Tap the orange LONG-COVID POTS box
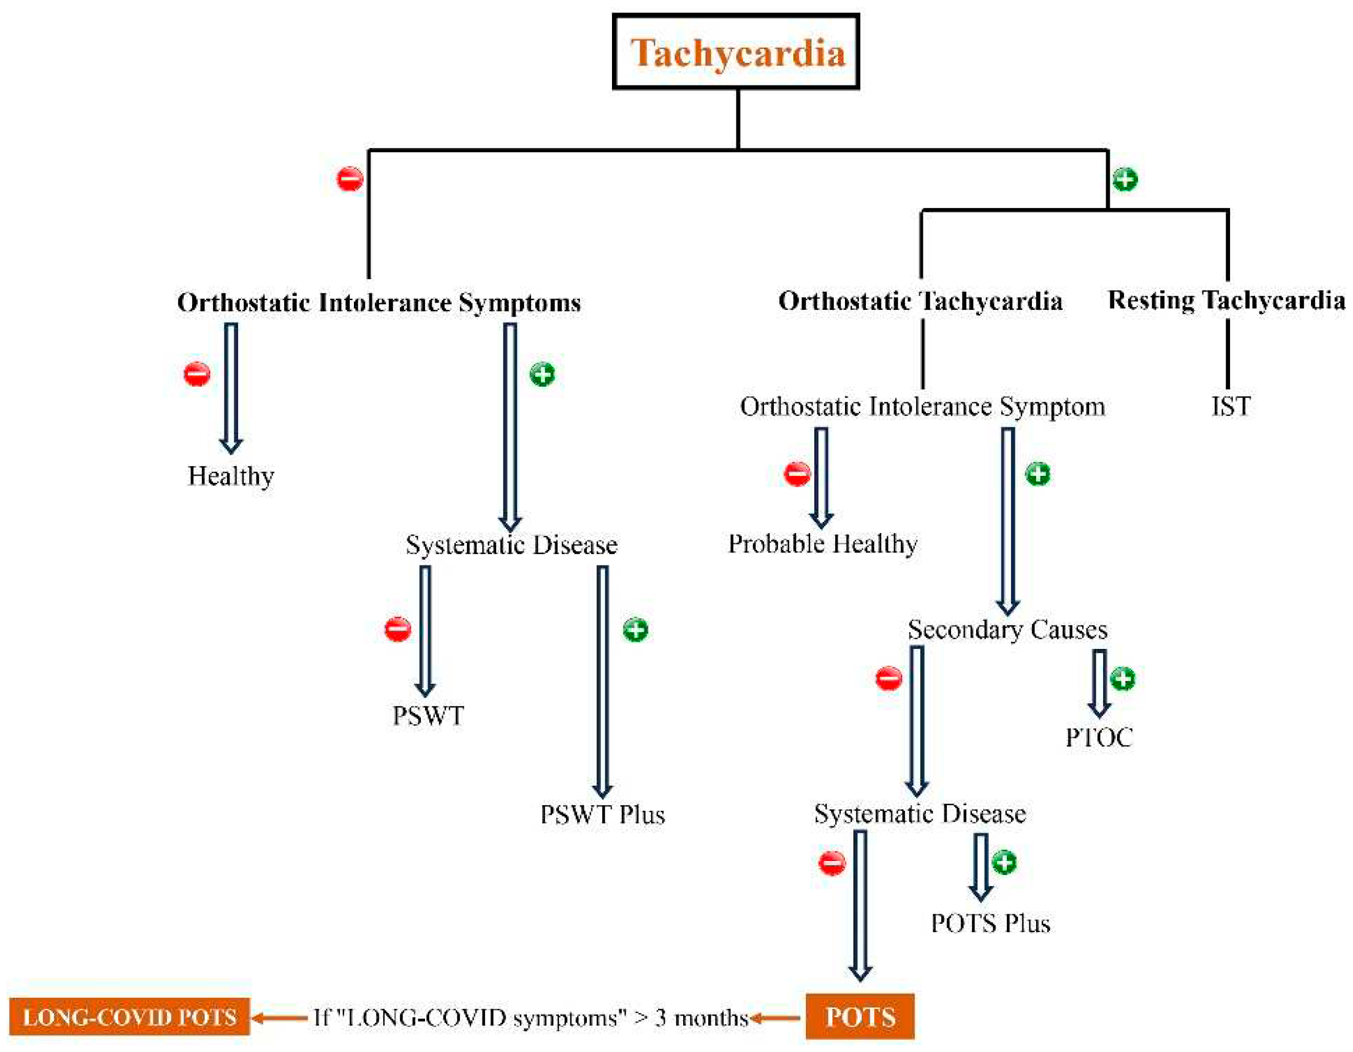[130, 1017]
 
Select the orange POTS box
[860, 1017]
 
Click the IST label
[1230, 407]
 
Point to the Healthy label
[231, 476]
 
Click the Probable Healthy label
[822, 544]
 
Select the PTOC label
[1099, 737]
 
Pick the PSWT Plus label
[602, 814]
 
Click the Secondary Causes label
[1007, 630]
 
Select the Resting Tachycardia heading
[1226, 301]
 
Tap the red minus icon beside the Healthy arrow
[197, 374]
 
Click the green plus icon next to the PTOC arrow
[1122, 679]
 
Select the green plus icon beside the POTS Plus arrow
[1004, 862]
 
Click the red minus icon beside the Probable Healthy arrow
[797, 474]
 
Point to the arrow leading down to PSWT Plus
[602, 682]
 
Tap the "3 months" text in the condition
[701, 1017]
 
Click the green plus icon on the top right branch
[1125, 180]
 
